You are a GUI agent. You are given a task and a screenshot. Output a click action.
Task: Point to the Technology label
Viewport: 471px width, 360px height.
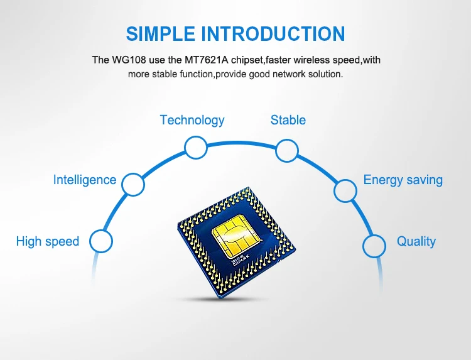pos(192,120)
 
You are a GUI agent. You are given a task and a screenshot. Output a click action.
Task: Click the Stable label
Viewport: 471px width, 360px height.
pos(288,120)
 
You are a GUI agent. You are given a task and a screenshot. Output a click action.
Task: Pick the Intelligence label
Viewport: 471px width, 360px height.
pos(85,180)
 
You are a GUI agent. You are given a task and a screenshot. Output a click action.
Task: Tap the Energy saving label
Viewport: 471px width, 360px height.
pos(403,180)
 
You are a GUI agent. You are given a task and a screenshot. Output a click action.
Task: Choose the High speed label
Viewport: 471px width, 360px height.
pos(48,241)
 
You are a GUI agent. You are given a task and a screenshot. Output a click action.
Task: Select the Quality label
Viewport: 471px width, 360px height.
pos(416,241)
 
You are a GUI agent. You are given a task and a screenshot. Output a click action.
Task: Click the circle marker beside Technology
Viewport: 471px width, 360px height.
pos(195,148)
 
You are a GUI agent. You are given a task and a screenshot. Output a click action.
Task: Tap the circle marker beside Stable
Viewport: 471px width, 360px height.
pos(286,151)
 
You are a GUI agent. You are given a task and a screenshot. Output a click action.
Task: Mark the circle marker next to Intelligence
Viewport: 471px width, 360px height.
pos(133,185)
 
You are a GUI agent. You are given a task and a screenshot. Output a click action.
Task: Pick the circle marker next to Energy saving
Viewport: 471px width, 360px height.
pos(345,190)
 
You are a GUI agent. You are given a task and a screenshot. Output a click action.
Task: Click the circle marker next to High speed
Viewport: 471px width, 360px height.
pos(101,241)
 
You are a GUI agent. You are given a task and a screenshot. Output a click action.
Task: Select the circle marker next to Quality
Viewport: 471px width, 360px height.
pos(374,245)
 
